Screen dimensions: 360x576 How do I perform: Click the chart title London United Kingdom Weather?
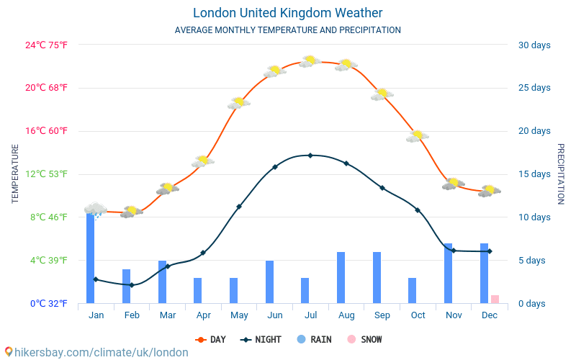[x=288, y=13]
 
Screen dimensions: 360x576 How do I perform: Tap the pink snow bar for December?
[x=495, y=299]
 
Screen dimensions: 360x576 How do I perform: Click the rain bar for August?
[x=341, y=277]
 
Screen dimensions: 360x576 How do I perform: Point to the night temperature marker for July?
[x=310, y=155]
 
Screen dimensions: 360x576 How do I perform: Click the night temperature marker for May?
[x=239, y=206]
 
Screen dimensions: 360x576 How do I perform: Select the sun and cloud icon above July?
[x=310, y=61]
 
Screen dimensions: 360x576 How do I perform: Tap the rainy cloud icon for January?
[x=95, y=210]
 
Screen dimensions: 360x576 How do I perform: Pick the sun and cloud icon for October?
[x=417, y=135]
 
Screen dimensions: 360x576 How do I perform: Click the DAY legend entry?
[x=211, y=339]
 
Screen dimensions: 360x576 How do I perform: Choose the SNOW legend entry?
[x=364, y=339]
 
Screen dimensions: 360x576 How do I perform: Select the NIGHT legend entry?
[x=261, y=339]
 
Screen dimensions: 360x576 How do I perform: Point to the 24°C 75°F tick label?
[x=47, y=45]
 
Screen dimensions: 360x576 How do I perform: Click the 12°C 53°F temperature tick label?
[x=47, y=174]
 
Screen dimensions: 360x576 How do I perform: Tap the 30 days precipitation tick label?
[x=534, y=45]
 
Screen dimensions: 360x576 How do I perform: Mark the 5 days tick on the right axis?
[x=534, y=260]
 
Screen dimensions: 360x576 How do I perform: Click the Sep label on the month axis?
[x=382, y=315]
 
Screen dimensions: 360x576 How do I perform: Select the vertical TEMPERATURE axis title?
[x=15, y=174]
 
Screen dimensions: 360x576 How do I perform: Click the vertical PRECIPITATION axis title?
[x=561, y=174]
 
